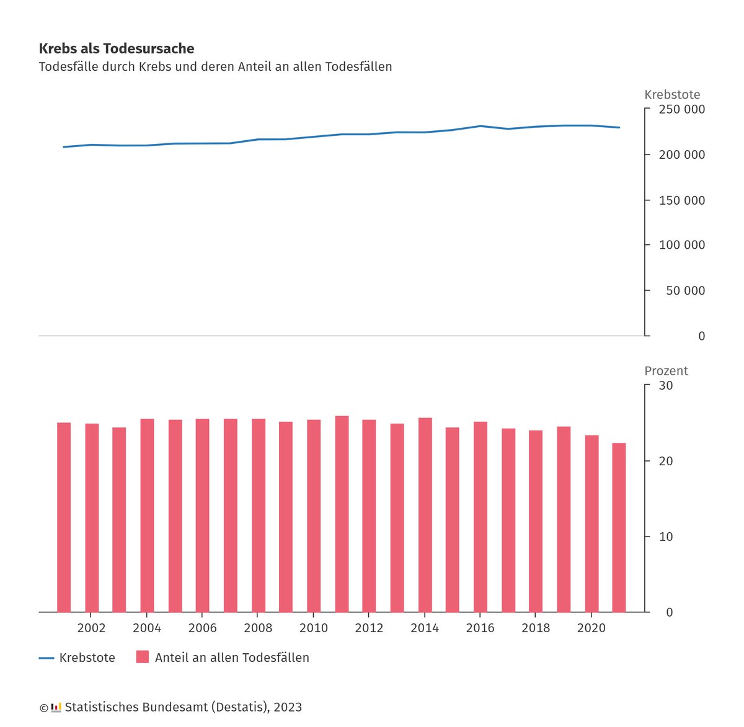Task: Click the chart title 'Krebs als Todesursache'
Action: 117,48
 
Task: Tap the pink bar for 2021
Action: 619,527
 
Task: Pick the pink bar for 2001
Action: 64,517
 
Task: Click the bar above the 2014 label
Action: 425,515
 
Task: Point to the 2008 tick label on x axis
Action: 258,628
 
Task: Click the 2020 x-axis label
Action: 591,628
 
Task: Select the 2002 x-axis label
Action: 91,628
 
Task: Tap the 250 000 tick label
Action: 681,109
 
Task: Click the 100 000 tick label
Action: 681,245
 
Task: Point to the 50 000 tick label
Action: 685,290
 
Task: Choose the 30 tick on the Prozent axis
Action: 665,385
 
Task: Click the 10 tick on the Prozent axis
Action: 665,537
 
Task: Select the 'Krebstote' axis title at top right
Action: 672,94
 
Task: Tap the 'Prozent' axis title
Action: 666,370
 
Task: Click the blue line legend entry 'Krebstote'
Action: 77,658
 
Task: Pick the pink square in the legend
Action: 143,657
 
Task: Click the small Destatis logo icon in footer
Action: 56,707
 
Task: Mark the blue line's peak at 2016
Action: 480,126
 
